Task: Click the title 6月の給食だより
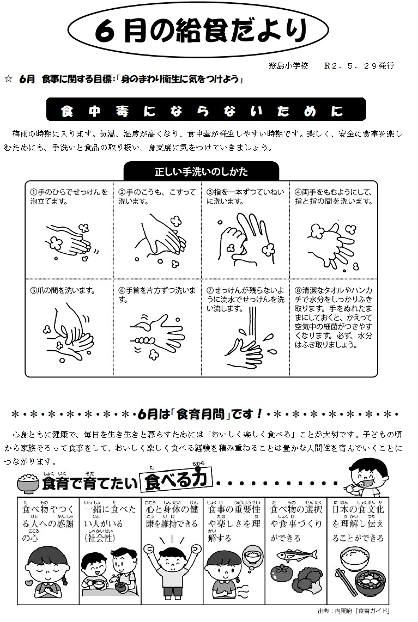click(201, 30)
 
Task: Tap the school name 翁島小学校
click(289, 66)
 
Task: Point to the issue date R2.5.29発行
click(359, 66)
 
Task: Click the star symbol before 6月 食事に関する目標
click(8, 80)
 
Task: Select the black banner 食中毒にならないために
click(206, 109)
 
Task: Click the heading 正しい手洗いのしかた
click(201, 172)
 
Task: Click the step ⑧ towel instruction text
click(334, 318)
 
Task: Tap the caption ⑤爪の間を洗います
click(63, 291)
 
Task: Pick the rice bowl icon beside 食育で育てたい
click(28, 483)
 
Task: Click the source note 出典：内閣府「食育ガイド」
click(354, 611)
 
